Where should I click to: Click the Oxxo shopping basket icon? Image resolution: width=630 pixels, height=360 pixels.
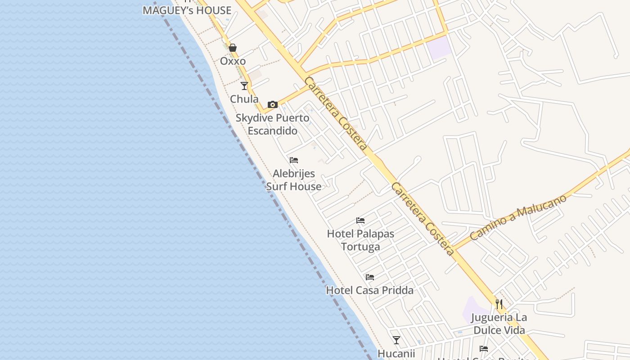pyautogui.click(x=233, y=48)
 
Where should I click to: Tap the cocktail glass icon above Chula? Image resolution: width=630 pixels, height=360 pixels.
pyautogui.click(x=244, y=85)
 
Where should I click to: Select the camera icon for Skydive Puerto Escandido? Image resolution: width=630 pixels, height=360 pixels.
pyautogui.click(x=272, y=105)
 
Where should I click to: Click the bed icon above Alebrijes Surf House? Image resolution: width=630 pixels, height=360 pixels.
pyautogui.click(x=294, y=160)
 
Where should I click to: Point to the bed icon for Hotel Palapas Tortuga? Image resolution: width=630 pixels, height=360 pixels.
pyautogui.click(x=360, y=220)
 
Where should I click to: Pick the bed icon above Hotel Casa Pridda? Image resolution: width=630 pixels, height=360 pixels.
pyautogui.click(x=370, y=277)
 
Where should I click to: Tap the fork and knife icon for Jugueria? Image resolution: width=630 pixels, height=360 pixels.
pyautogui.click(x=499, y=304)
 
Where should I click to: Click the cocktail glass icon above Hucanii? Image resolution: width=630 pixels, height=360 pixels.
pyautogui.click(x=396, y=340)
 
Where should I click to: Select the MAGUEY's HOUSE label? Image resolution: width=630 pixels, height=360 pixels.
pyautogui.click(x=187, y=10)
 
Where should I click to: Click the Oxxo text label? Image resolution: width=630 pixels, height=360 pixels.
pyautogui.click(x=233, y=61)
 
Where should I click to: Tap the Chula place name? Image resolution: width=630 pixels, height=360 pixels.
pyautogui.click(x=244, y=99)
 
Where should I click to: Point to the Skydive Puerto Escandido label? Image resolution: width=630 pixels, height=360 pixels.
pyautogui.click(x=273, y=125)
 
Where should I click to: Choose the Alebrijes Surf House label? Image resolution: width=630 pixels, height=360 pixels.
pyautogui.click(x=294, y=180)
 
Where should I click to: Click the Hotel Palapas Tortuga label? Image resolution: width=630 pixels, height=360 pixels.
pyautogui.click(x=360, y=240)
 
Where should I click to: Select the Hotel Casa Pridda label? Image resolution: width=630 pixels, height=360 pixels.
pyautogui.click(x=370, y=291)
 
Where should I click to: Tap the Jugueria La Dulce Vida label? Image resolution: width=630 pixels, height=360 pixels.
pyautogui.click(x=499, y=324)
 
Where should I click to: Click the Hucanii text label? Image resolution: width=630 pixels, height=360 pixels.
pyautogui.click(x=396, y=354)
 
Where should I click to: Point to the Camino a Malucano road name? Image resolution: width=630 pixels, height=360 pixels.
pyautogui.click(x=518, y=217)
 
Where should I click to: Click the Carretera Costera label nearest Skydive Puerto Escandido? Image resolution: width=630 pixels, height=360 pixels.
pyautogui.click(x=336, y=113)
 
